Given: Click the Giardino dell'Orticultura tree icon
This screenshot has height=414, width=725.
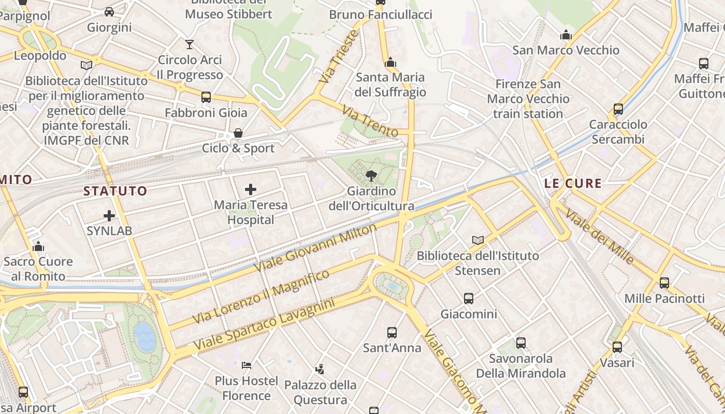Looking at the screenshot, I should (371, 176).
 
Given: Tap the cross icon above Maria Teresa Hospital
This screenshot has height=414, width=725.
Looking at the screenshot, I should (251, 189).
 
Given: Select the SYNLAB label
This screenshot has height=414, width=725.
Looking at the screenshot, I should (109, 231).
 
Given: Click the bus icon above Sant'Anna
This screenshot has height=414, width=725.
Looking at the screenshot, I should (392, 333).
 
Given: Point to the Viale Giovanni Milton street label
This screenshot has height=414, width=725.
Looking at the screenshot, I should (316, 247).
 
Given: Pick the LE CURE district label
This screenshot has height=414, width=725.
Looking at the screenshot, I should (573, 183).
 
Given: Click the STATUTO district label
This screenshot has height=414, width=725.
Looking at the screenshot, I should (115, 191).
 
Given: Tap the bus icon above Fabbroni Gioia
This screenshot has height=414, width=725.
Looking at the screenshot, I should (206, 97).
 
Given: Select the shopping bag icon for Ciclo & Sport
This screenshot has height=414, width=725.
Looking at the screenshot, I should (238, 133).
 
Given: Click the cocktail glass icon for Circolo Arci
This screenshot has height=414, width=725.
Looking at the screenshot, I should (190, 45).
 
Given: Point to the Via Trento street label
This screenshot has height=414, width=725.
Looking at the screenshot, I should (370, 121).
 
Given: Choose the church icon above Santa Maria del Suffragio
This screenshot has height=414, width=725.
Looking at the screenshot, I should (390, 63).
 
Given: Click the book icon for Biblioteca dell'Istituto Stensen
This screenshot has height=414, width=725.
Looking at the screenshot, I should (478, 241).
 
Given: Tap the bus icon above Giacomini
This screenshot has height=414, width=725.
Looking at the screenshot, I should (469, 299).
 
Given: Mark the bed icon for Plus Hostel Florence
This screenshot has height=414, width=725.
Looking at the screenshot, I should (247, 365).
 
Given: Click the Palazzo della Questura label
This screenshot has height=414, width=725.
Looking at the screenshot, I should (320, 392).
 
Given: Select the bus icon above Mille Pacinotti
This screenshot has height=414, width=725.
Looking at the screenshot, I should (664, 283).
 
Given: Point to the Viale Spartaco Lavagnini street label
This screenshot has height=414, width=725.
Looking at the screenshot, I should (264, 324).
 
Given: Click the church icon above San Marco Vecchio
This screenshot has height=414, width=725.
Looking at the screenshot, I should (566, 35).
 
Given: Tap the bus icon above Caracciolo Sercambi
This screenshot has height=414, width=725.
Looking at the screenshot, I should (618, 109).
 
